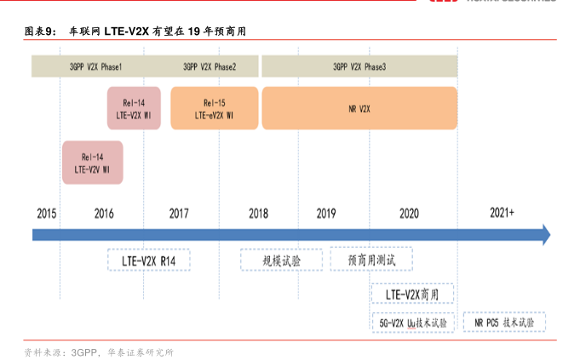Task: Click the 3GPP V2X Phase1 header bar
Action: (96, 66)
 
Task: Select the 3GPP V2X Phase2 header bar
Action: (210, 66)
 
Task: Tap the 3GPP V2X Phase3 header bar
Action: (359, 66)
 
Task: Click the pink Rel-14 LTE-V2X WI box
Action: (135, 108)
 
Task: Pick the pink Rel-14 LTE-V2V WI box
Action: (92, 163)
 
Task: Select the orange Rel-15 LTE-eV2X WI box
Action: (214, 108)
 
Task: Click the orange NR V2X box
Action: (359, 108)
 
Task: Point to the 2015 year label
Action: (47, 213)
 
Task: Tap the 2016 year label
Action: (104, 213)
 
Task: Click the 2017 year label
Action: (179, 213)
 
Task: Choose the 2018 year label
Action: (259, 213)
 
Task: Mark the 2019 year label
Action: (326, 213)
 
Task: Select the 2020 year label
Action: (409, 213)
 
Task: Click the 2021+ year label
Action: (503, 213)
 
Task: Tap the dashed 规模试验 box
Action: (270, 259)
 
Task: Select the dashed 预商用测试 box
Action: (368, 259)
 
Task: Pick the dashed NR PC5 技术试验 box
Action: (505, 323)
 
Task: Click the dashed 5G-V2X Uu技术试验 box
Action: (412, 323)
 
